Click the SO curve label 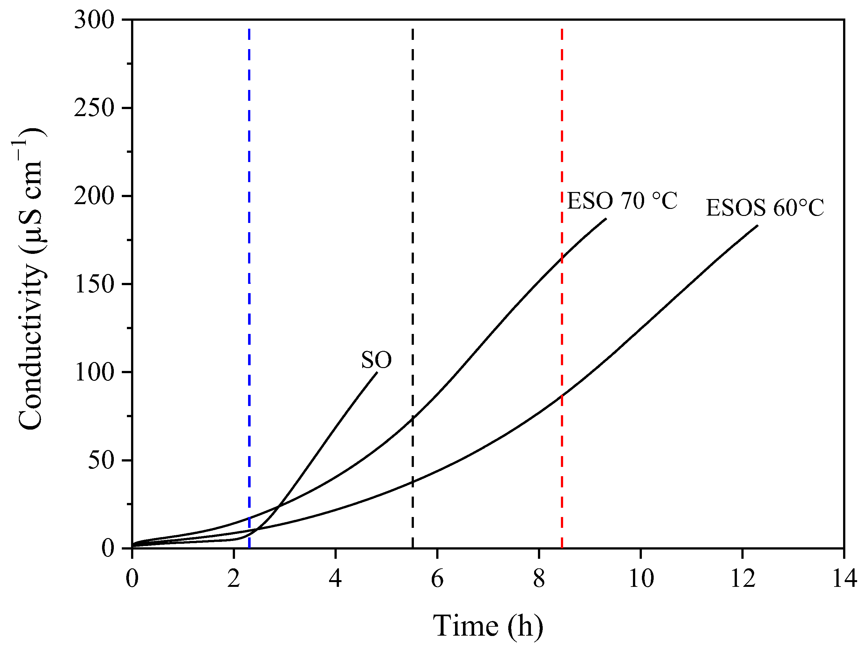pyautogui.click(x=376, y=359)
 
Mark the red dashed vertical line pyautogui.click(x=562, y=157)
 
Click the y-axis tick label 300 pyautogui.click(x=94, y=19)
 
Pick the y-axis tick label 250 pyautogui.click(x=94, y=108)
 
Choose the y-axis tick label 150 pyautogui.click(x=94, y=284)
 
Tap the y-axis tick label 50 pyautogui.click(x=101, y=460)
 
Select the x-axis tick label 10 pyautogui.click(x=641, y=578)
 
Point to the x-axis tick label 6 pyautogui.click(x=437, y=578)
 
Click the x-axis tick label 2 pyautogui.click(x=234, y=578)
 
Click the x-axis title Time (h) pyautogui.click(x=488, y=626)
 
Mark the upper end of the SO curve pyautogui.click(x=377, y=373)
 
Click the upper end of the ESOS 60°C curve pyautogui.click(x=757, y=225)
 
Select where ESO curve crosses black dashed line pyautogui.click(x=413, y=419)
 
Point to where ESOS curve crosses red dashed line pyautogui.click(x=562, y=395)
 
